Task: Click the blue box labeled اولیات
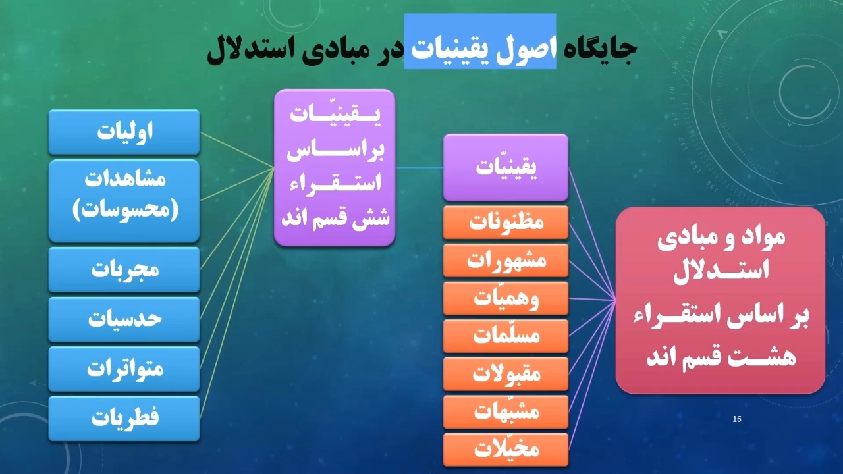124,132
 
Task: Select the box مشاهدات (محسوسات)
124,201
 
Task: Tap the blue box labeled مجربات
124,269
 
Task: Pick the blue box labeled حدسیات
124,319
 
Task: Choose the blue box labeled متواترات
124,369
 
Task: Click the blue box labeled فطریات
124,418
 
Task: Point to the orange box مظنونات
506,223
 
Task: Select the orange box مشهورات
506,260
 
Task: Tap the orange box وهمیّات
506,298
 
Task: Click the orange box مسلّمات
506,336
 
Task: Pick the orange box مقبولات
506,374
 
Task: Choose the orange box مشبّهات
506,412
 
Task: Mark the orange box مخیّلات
506,450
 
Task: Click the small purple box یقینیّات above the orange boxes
506,167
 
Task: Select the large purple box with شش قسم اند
335,168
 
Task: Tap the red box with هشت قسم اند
721,300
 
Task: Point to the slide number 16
737,419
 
